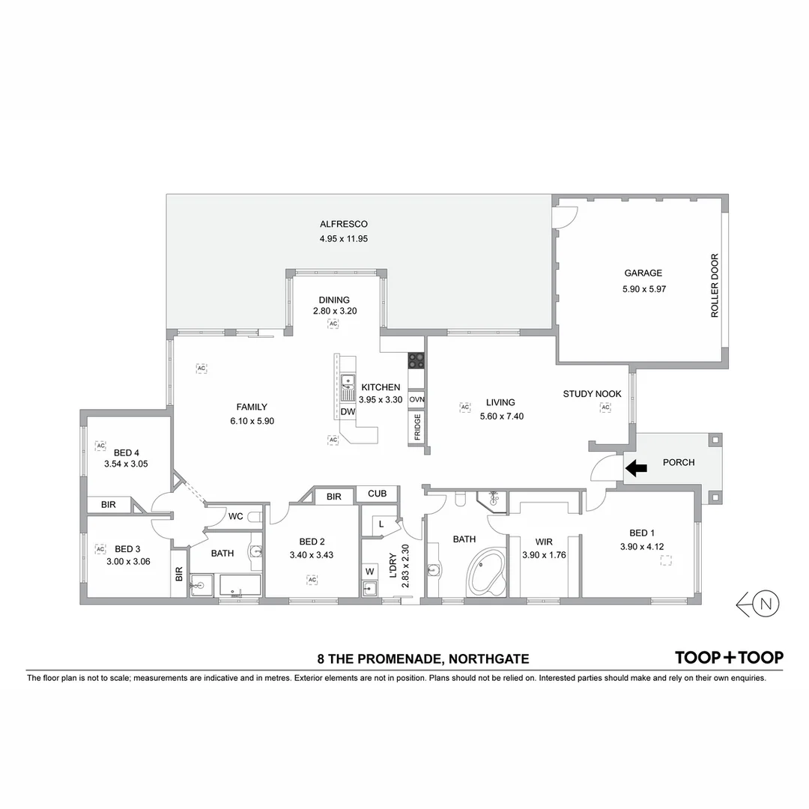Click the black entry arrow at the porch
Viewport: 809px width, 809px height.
[636, 469]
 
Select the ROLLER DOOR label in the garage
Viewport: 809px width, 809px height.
[715, 286]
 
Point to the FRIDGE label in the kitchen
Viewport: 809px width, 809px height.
[417, 427]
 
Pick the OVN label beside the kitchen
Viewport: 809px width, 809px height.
[417, 399]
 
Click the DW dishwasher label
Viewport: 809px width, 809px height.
[348, 412]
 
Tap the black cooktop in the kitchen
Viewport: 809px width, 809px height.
[416, 360]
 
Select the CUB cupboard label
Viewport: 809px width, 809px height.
[377, 494]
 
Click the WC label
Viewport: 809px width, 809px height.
[235, 516]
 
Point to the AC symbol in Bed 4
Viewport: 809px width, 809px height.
[100, 446]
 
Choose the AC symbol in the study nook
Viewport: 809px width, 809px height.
[605, 407]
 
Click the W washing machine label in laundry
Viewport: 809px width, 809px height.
[369, 572]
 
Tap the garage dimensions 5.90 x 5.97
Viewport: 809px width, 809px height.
[643, 288]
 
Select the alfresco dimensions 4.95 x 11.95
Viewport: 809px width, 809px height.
[343, 239]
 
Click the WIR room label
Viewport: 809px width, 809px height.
[543, 542]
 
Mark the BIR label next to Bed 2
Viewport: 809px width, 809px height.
[334, 497]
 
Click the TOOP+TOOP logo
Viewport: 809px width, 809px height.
[729, 658]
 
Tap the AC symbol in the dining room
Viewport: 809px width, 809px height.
[333, 324]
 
